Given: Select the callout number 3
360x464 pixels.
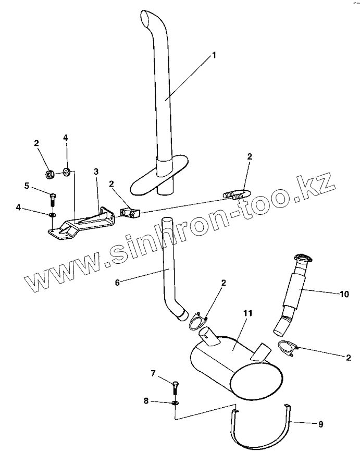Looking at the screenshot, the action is click(x=96, y=171).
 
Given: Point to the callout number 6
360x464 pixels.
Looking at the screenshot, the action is click(x=117, y=282).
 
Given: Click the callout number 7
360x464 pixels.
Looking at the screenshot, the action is click(x=153, y=373).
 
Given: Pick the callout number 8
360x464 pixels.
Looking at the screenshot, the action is click(x=146, y=401).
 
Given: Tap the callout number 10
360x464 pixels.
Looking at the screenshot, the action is click(x=344, y=295).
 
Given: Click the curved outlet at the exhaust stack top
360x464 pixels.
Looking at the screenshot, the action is click(x=148, y=19).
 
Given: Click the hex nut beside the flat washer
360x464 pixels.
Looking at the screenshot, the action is click(x=50, y=174).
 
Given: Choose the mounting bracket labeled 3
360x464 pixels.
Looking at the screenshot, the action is click(x=83, y=223).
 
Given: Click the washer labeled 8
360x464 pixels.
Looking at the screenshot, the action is click(x=175, y=402).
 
